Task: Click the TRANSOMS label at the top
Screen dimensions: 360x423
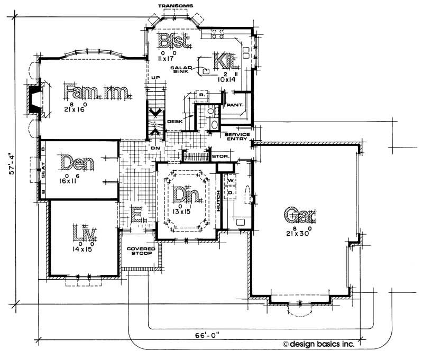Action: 176,5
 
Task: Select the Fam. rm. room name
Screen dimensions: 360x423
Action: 96,92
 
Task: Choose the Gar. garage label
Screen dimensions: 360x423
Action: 299,215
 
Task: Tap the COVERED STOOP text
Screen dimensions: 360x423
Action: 140,251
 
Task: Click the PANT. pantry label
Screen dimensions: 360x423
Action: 234,105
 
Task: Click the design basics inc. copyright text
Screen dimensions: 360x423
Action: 324,344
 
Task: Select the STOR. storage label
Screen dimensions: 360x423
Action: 219,156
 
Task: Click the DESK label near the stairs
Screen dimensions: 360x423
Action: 174,122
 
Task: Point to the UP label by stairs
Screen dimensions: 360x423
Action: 155,78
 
